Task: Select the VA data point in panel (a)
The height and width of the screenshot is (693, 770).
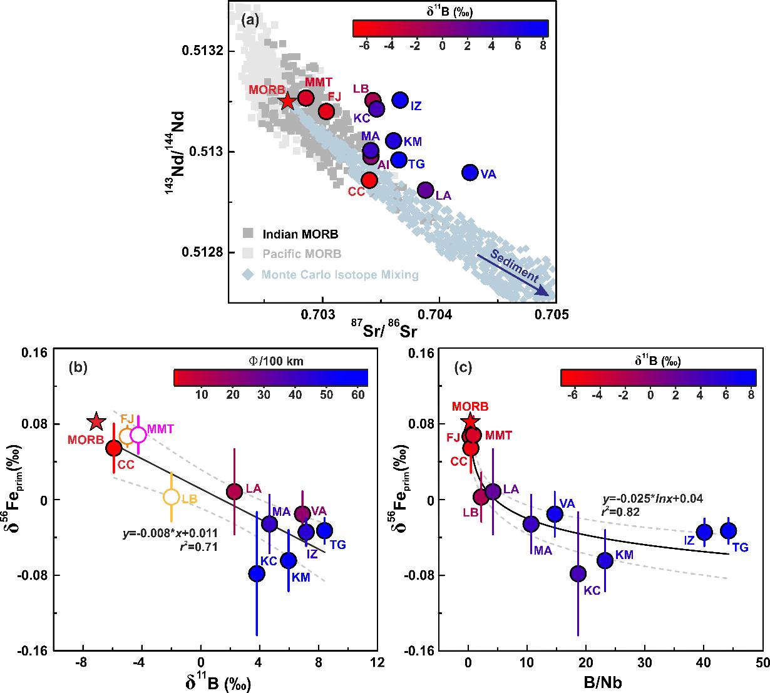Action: tap(470, 172)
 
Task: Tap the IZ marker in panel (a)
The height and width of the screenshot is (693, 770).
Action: tap(400, 100)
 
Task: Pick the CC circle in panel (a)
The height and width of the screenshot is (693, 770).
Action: tap(369, 180)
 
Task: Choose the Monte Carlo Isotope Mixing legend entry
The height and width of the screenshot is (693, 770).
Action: tap(332, 274)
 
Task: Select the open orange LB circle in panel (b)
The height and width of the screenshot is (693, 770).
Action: tap(172, 497)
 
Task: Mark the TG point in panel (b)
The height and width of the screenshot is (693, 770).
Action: tap(324, 530)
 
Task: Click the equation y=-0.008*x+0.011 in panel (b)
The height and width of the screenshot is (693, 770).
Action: tap(170, 534)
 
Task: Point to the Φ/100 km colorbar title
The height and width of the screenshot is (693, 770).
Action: tap(270, 361)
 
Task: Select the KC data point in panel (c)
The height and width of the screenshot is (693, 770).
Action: tap(578, 573)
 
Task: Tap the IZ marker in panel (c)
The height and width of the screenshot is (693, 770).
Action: tap(705, 532)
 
